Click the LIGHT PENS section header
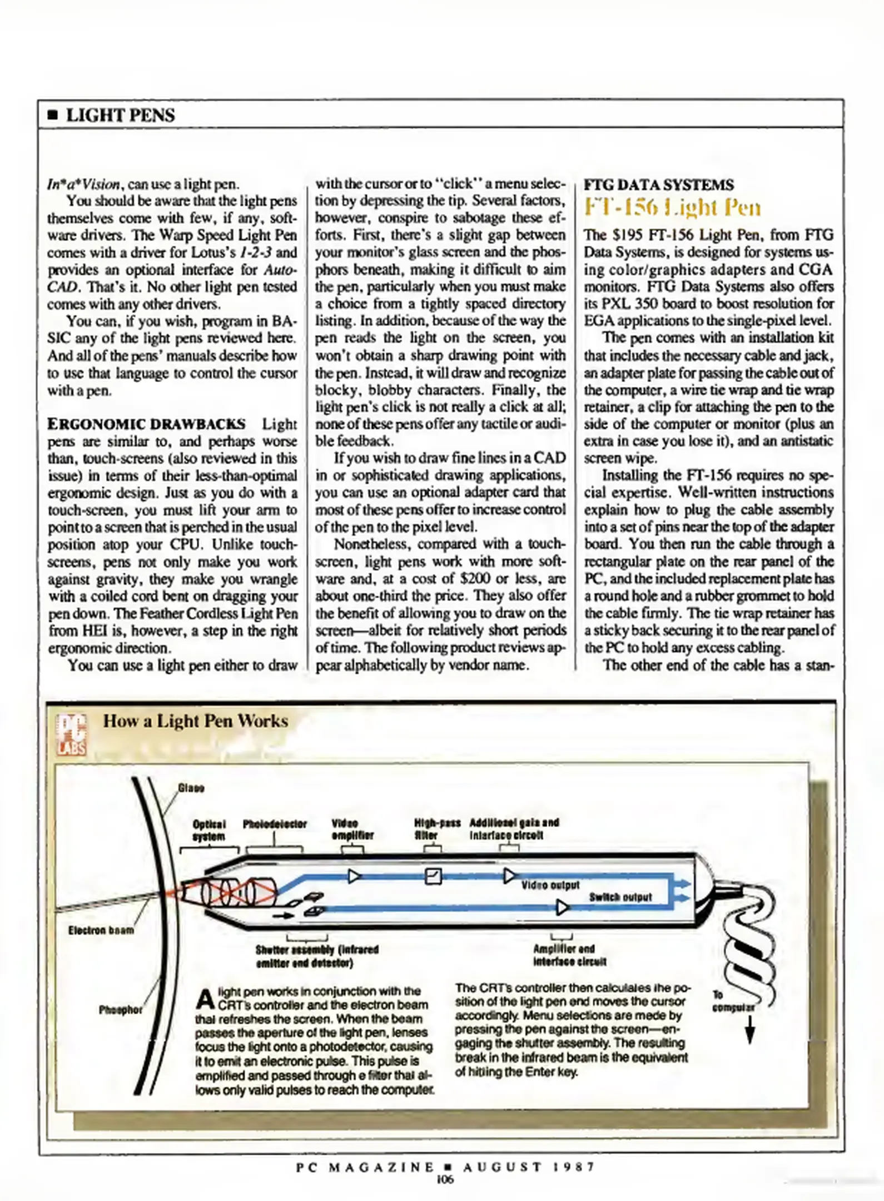(120, 115)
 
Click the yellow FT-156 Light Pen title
(672, 207)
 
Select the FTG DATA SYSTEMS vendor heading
(658, 185)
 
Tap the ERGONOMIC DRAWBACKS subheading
(146, 424)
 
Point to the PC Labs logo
(71, 735)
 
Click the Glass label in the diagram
(191, 788)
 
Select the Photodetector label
(275, 824)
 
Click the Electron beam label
(101, 930)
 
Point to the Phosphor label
(120, 1010)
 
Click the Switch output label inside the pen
(620, 897)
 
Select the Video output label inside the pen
(550, 885)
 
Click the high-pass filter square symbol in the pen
(433, 877)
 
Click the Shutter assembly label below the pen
(316, 956)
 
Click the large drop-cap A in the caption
(206, 999)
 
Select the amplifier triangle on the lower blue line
(562, 908)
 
